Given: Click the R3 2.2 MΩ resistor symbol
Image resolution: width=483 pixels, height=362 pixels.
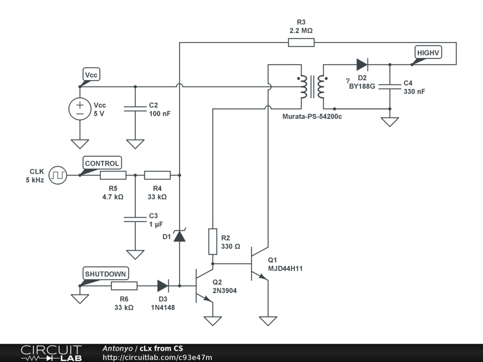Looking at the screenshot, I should (x=301, y=43).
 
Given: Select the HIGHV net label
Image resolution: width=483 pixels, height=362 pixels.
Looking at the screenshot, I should (x=428, y=53).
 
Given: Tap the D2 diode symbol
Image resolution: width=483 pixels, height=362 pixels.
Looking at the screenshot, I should (x=362, y=65).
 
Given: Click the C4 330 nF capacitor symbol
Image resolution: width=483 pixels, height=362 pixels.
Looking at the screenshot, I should (x=390, y=87).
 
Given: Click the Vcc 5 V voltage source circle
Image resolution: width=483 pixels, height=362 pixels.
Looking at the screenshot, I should (x=80, y=109).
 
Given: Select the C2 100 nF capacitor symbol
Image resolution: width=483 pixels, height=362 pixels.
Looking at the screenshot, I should (x=135, y=109).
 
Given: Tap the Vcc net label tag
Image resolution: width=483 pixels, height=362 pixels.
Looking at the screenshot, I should (x=92, y=75).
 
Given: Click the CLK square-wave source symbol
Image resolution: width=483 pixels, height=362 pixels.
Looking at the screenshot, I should (x=59, y=175).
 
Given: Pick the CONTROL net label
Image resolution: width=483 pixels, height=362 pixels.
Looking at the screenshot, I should (x=102, y=163).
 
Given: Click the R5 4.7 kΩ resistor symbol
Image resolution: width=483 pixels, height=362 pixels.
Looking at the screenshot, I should (x=113, y=175).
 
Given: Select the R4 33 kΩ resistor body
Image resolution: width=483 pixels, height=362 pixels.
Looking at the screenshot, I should (x=157, y=175).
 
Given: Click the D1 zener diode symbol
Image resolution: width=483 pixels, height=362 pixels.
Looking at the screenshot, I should (x=179, y=236).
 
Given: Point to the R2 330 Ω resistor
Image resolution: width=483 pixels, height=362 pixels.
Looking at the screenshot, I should (x=213, y=241).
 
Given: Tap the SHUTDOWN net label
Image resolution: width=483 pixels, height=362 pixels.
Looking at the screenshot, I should (x=105, y=274).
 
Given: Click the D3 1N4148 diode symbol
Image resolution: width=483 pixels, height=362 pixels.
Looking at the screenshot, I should (x=163, y=286).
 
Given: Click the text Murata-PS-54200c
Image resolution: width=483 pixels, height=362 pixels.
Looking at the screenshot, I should (x=312, y=116).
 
